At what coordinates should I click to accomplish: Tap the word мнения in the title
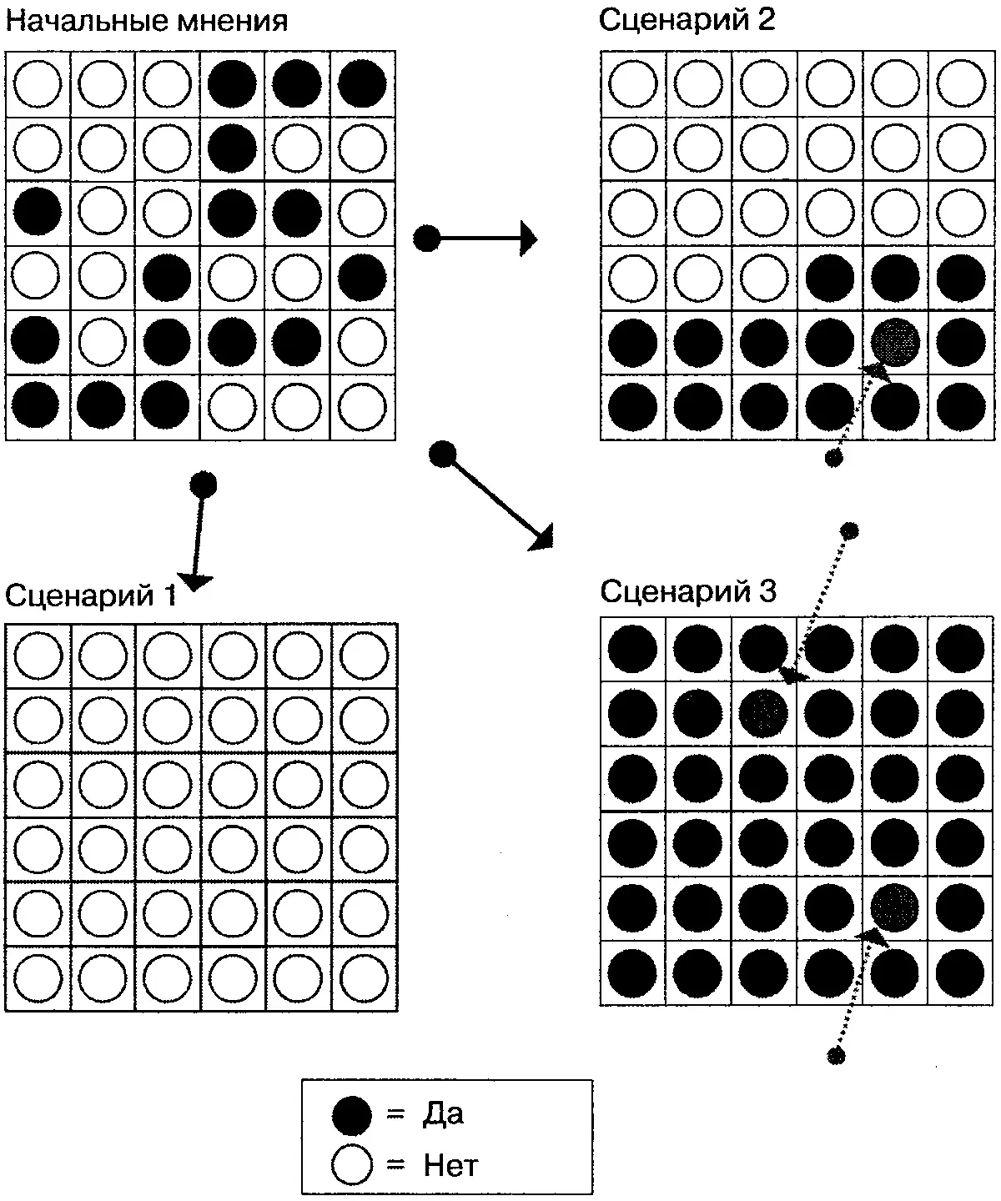[233, 21]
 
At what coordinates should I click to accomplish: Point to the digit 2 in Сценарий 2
[765, 20]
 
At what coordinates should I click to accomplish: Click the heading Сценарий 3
[687, 591]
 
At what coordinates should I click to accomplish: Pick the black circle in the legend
[351, 1115]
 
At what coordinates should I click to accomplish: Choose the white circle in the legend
[351, 1165]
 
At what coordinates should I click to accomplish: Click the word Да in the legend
[443, 1114]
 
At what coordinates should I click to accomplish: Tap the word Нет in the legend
[450, 1165]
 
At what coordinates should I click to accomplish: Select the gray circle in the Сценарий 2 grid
[895, 341]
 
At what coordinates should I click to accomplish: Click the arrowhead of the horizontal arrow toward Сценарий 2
[529, 239]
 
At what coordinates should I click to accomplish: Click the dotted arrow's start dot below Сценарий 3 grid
[836, 1056]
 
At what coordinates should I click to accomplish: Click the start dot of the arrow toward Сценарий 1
[204, 483]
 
